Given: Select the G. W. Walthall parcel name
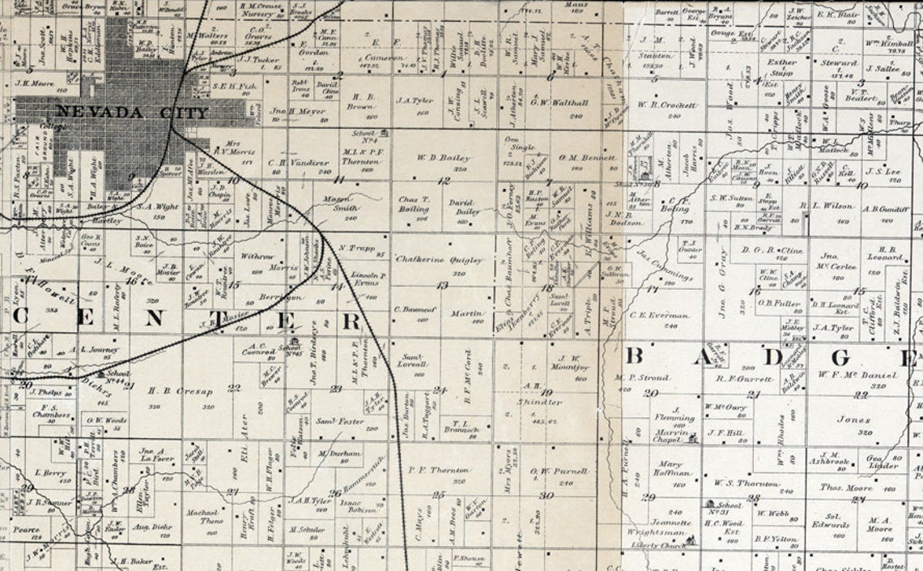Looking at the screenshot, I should [558, 103].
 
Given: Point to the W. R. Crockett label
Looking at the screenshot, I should [666, 104].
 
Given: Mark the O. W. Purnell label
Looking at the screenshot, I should [559, 471].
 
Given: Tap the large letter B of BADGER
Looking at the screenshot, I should [636, 356].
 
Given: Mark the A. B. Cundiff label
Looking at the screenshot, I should [881, 207].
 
